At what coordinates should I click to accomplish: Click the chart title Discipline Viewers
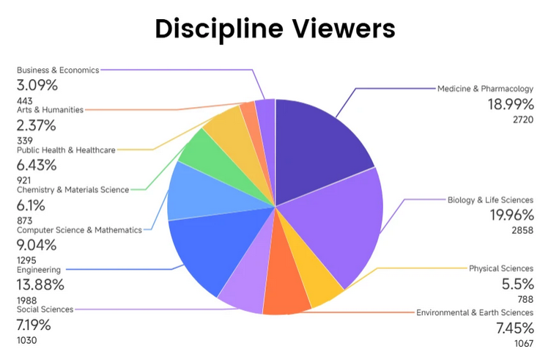tap(275, 29)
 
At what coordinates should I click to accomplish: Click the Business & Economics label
tap(58, 70)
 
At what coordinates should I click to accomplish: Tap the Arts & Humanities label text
tap(50, 110)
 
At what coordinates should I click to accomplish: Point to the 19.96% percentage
tap(511, 215)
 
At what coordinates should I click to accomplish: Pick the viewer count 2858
tap(522, 230)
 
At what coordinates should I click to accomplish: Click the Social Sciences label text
tap(45, 309)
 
